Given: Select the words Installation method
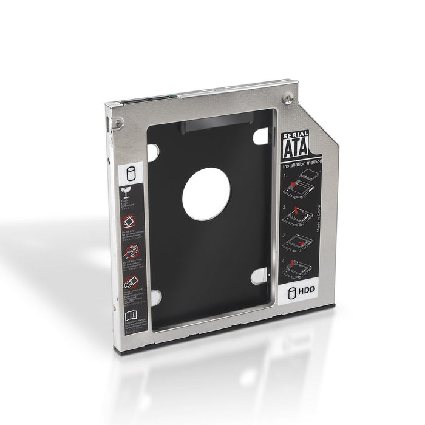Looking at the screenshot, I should [x=302, y=165].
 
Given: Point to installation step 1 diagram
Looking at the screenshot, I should [x=301, y=185].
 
